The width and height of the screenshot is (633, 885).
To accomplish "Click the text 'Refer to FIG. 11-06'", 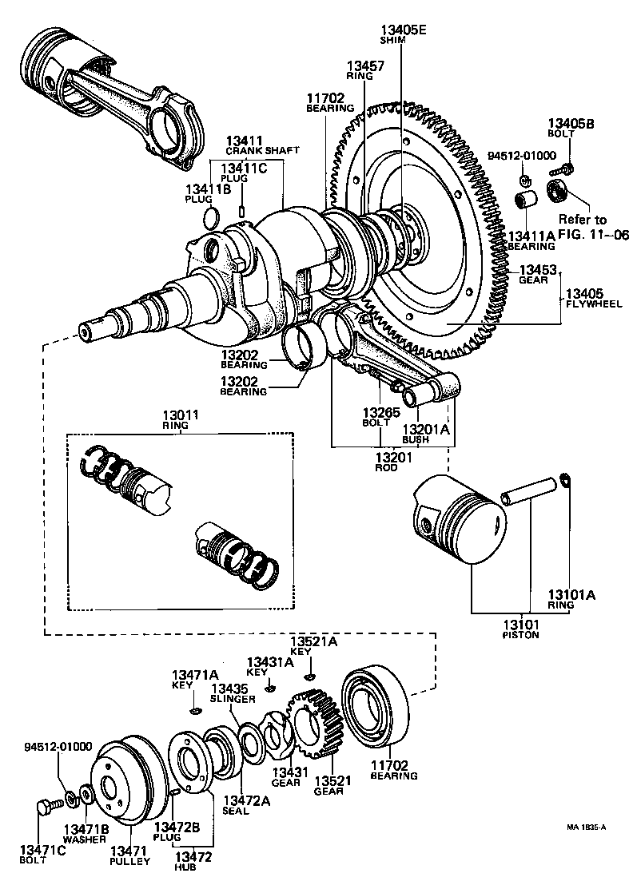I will tap(582, 227).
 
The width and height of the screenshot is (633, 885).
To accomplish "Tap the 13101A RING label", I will tap(571, 599).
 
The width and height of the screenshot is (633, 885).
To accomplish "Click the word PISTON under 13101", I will tap(520, 635).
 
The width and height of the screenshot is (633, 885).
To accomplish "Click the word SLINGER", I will tap(233, 699).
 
